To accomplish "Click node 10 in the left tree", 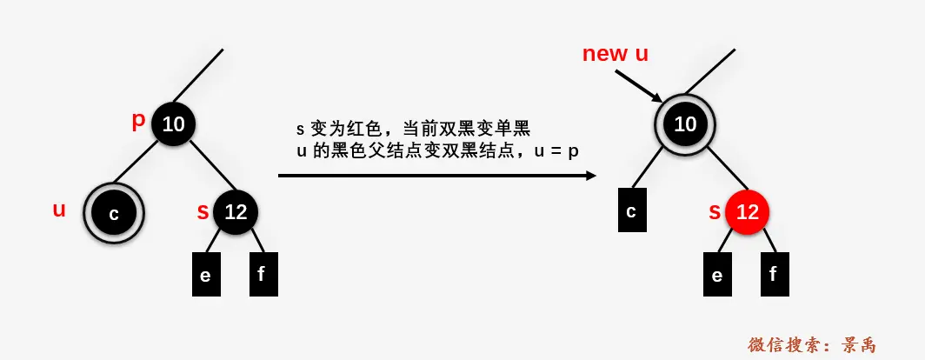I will (x=173, y=124).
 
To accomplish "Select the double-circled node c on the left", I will (x=113, y=213).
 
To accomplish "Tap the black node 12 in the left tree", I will (x=236, y=211).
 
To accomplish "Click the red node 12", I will (x=747, y=211).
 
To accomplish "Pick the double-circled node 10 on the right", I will (x=685, y=124).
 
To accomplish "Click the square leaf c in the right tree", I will (x=631, y=210).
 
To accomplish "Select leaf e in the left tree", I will (x=205, y=275).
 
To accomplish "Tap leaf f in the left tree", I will (x=262, y=275).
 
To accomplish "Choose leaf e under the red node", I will (x=717, y=275).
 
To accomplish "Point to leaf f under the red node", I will (x=774, y=275).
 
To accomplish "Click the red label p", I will (x=138, y=121).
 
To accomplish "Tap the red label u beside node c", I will (x=59, y=210).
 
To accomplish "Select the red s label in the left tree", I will (x=203, y=211).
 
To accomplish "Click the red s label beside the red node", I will (x=715, y=211).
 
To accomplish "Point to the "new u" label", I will (x=615, y=54).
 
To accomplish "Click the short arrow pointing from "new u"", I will (x=639, y=85).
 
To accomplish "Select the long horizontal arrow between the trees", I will (x=435, y=176).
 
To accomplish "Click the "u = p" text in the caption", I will (x=556, y=150).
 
